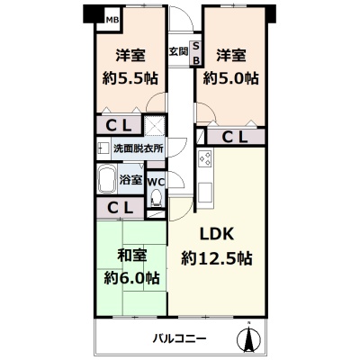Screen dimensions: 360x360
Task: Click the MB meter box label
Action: click(112, 20)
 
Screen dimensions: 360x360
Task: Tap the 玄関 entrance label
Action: click(178, 51)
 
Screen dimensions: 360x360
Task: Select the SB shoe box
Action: click(196, 53)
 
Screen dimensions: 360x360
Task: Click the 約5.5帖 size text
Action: click(130, 78)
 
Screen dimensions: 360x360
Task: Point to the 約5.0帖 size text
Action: click(230, 78)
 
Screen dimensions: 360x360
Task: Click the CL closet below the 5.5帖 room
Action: click(119, 125)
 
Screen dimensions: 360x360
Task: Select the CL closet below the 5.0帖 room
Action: click(236, 137)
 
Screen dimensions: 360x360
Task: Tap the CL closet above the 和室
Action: click(120, 207)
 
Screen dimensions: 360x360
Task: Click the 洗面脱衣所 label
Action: click(139, 148)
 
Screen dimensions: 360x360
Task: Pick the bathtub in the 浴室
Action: click(107, 180)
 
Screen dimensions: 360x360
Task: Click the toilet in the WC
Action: click(156, 198)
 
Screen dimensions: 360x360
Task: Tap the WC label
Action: click(156, 182)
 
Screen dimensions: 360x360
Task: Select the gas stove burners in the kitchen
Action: click(205, 158)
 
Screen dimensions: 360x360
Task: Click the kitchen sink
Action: click(205, 192)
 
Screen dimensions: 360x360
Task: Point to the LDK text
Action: click(217, 234)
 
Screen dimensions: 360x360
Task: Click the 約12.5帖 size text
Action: click(217, 258)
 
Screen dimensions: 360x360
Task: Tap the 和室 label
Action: click(132, 256)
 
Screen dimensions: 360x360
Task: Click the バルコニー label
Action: click(180, 339)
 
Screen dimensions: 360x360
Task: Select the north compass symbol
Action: click(248, 337)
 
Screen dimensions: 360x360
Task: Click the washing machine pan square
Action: click(155, 125)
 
